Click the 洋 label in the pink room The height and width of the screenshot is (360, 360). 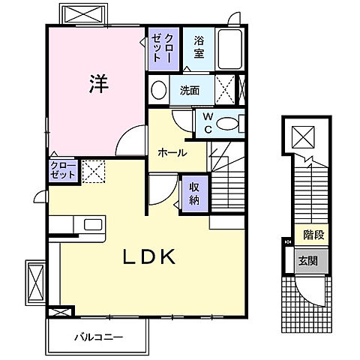click(x=99, y=84)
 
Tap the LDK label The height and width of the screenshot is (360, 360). click(x=149, y=256)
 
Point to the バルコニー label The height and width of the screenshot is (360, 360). click(x=99, y=337)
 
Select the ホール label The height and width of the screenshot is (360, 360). click(x=172, y=152)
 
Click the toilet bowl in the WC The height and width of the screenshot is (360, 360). click(x=227, y=124)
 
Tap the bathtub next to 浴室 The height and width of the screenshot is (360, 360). click(x=229, y=49)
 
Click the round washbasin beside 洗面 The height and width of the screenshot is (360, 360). click(x=159, y=89)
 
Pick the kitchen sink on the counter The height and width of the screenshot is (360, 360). click(x=93, y=224)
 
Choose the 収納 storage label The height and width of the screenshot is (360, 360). click(x=194, y=193)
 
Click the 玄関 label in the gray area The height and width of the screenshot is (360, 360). click(x=307, y=261)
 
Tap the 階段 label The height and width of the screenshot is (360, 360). click(x=313, y=235)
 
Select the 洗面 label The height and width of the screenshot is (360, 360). click(x=190, y=91)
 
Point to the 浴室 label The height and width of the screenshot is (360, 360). click(x=199, y=47)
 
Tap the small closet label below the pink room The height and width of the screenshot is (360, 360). click(x=63, y=170)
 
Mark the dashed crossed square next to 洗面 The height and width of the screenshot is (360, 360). click(x=225, y=89)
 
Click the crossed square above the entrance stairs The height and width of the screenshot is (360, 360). click(x=303, y=137)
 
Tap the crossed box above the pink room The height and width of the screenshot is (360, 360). click(x=83, y=14)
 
